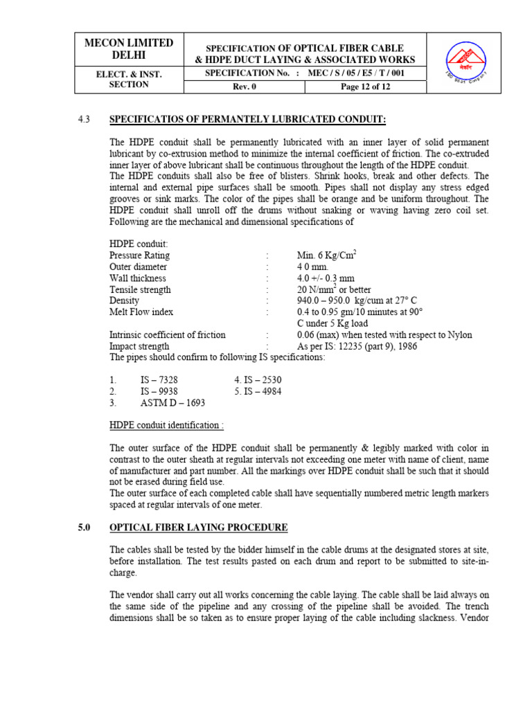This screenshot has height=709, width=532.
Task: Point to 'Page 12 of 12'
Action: (366, 87)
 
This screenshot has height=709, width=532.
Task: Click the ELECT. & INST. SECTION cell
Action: (129, 79)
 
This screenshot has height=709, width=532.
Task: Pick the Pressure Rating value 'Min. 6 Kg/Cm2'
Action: (326, 255)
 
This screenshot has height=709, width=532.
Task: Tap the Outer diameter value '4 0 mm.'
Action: (312, 267)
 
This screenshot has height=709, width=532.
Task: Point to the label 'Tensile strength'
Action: (140, 289)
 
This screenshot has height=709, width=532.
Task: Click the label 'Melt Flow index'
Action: (141, 312)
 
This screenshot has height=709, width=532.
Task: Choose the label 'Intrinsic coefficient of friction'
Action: (168, 335)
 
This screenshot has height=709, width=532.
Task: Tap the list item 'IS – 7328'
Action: (159, 380)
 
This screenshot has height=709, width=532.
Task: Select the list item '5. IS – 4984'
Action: (258, 391)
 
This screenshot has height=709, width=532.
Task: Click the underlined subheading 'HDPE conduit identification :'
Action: (166, 424)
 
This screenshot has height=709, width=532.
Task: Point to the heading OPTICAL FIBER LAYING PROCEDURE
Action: (199, 528)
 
